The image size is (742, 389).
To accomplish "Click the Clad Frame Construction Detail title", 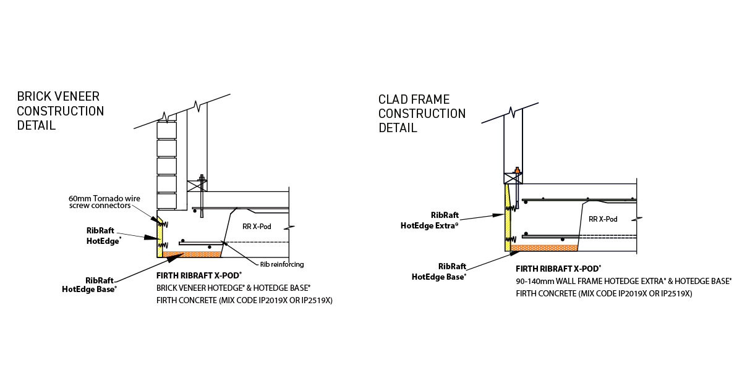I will [x=422, y=114].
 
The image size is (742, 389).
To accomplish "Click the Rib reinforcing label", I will [x=281, y=264].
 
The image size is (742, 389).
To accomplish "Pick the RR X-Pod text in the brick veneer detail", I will [x=257, y=227].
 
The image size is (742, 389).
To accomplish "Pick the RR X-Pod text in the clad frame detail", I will [x=603, y=219].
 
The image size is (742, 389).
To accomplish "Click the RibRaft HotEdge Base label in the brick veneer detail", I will [x=90, y=284].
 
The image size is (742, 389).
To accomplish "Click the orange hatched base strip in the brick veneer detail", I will [x=192, y=254].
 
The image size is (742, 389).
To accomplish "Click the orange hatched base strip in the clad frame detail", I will [x=544, y=248].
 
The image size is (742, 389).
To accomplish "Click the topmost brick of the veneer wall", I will [x=166, y=130].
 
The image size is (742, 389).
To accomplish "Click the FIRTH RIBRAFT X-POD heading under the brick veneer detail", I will [x=198, y=275].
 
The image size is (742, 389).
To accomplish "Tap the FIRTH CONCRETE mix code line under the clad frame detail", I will [x=604, y=294].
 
